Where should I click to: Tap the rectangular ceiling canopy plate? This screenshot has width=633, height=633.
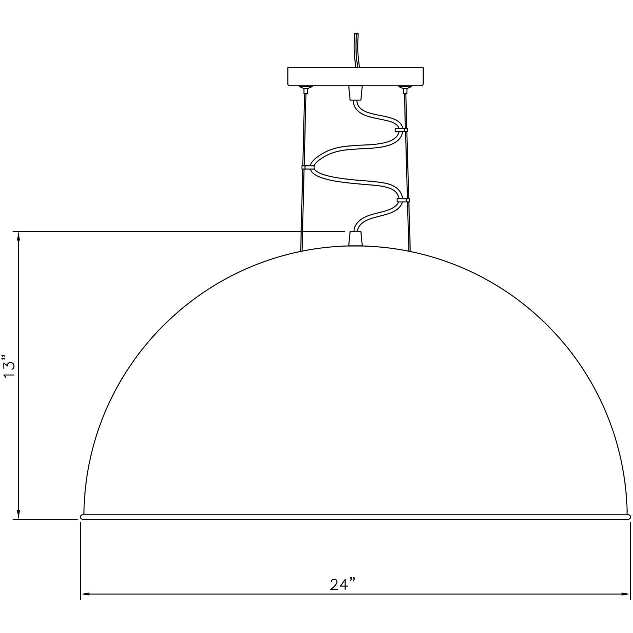pos(355,76)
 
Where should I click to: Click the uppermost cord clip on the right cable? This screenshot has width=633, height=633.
pos(401,130)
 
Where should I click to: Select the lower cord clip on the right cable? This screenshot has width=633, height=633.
pos(403,200)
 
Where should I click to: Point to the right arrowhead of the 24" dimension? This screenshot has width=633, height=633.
pos(626,594)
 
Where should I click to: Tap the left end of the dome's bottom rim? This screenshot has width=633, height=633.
pos(83,517)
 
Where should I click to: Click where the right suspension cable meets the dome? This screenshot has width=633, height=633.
pos(410,251)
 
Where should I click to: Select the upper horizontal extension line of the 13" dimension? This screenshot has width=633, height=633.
pos(177,231)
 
